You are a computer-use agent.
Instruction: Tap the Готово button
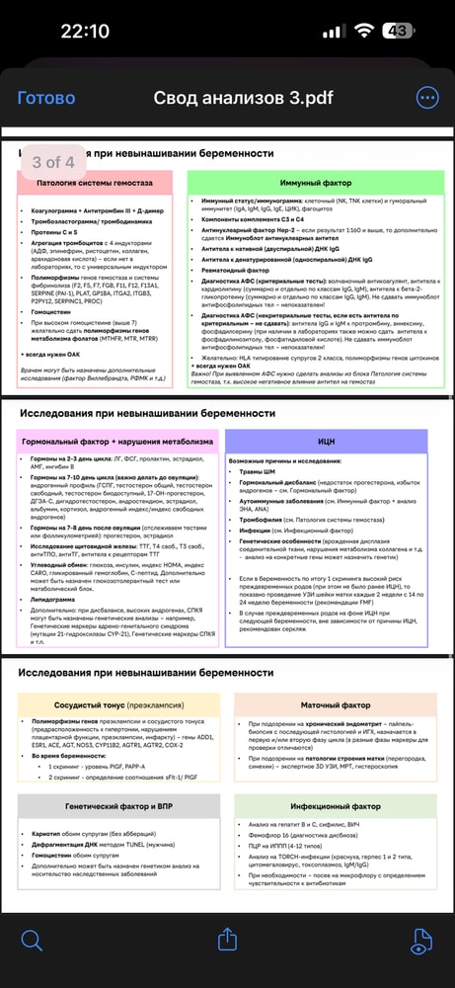tap(46, 98)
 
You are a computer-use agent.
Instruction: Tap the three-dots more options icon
tap(427, 98)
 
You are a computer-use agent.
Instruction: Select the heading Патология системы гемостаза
tap(109, 184)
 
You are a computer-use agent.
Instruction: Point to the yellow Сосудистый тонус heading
tap(117, 706)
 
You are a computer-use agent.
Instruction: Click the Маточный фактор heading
tap(337, 706)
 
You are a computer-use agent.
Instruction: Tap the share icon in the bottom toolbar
tap(227, 939)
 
